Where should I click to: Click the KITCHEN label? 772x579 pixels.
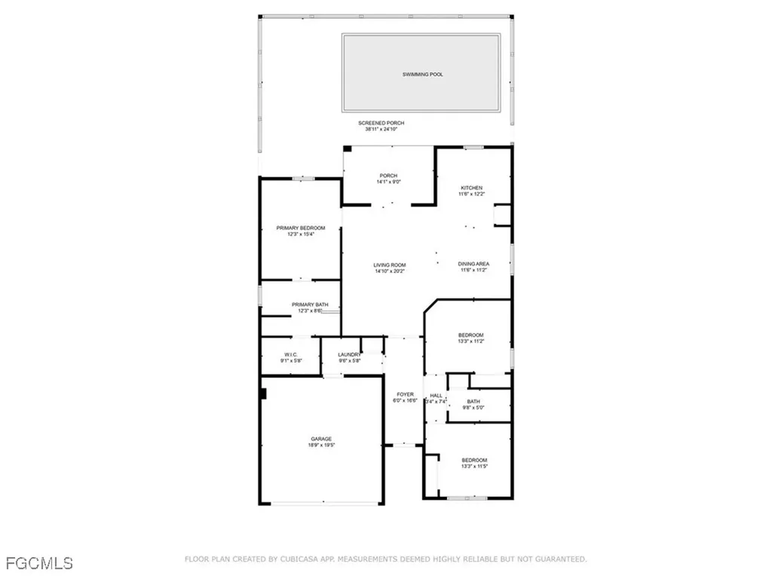tap(473, 188)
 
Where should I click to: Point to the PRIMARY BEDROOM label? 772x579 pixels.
tap(301, 228)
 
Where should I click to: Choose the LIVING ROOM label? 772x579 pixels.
tap(390, 265)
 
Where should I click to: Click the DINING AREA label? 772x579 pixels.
tap(473, 264)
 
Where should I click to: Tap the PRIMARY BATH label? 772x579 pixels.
tap(310, 305)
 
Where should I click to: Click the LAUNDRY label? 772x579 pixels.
tap(349, 354)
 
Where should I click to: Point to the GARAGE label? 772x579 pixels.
tap(322, 439)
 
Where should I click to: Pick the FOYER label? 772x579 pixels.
tap(406, 394)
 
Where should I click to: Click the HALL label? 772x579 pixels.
tap(437, 395)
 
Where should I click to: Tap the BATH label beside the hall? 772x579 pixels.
tap(473, 402)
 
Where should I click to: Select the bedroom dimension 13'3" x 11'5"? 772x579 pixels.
tap(474, 467)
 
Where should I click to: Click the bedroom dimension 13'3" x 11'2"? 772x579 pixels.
tap(471, 342)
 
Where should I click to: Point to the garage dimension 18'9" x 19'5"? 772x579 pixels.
tap(322, 446)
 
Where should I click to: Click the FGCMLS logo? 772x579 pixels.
tap(39, 562)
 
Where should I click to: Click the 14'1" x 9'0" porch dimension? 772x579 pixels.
tap(388, 182)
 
